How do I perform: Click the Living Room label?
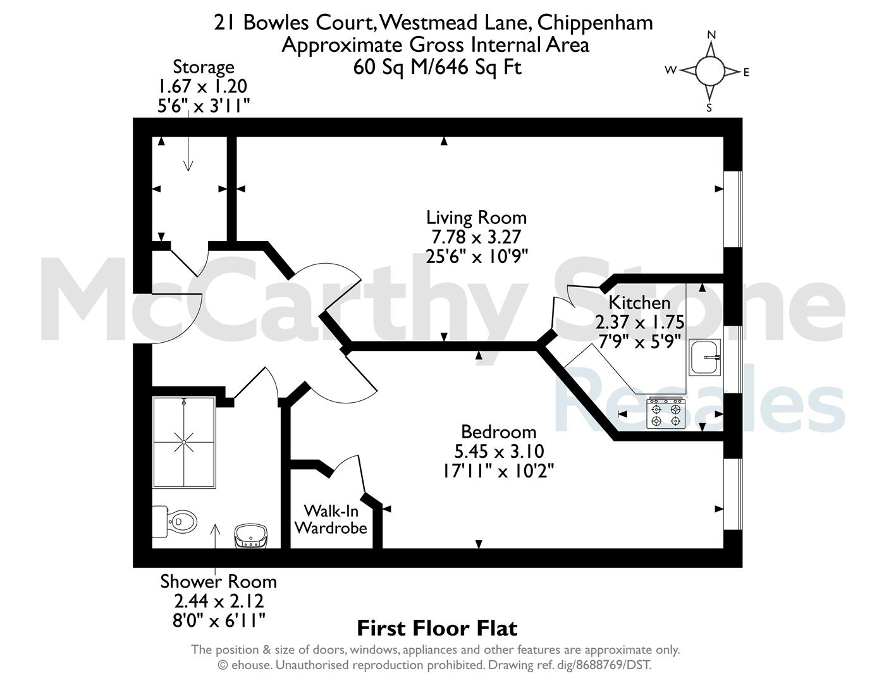[x=476, y=218]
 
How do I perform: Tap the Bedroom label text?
[x=499, y=432]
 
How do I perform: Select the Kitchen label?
[x=639, y=303]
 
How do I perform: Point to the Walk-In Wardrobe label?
[x=331, y=519]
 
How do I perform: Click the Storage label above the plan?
[x=204, y=67]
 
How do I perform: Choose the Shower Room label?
[x=218, y=582]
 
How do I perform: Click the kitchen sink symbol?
[x=704, y=357]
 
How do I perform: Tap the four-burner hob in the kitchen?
[x=666, y=414]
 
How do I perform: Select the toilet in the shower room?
[x=175, y=521]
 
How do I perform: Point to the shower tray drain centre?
[x=184, y=442]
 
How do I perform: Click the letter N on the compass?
[x=711, y=35]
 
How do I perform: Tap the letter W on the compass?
[x=670, y=70]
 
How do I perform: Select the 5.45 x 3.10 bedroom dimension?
[x=499, y=452]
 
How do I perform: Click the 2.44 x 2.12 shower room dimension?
[x=219, y=601]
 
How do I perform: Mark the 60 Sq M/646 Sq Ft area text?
[x=437, y=67]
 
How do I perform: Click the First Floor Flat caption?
[x=437, y=629]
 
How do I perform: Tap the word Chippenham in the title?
[x=595, y=23]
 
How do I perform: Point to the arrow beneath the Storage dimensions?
[x=188, y=141]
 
